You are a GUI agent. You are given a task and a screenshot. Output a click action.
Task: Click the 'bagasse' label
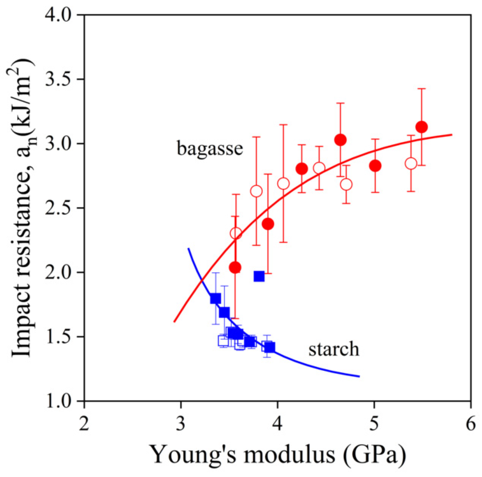[x=210, y=148]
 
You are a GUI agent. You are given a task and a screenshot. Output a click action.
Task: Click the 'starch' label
[x=334, y=349]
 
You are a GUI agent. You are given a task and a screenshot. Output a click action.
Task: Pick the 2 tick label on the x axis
[x=84, y=424]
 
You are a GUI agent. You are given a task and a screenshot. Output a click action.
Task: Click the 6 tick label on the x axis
[x=470, y=424]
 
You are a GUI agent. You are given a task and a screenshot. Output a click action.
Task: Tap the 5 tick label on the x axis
[x=374, y=424]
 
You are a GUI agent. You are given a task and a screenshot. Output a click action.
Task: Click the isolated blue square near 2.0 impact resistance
[x=259, y=276]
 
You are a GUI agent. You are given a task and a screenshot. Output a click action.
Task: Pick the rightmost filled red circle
[x=422, y=127]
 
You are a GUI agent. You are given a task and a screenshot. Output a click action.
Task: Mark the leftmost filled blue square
[x=215, y=298]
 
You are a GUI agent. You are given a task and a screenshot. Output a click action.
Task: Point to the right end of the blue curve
[x=359, y=376]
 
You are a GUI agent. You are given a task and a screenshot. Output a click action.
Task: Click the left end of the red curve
[x=174, y=322]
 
